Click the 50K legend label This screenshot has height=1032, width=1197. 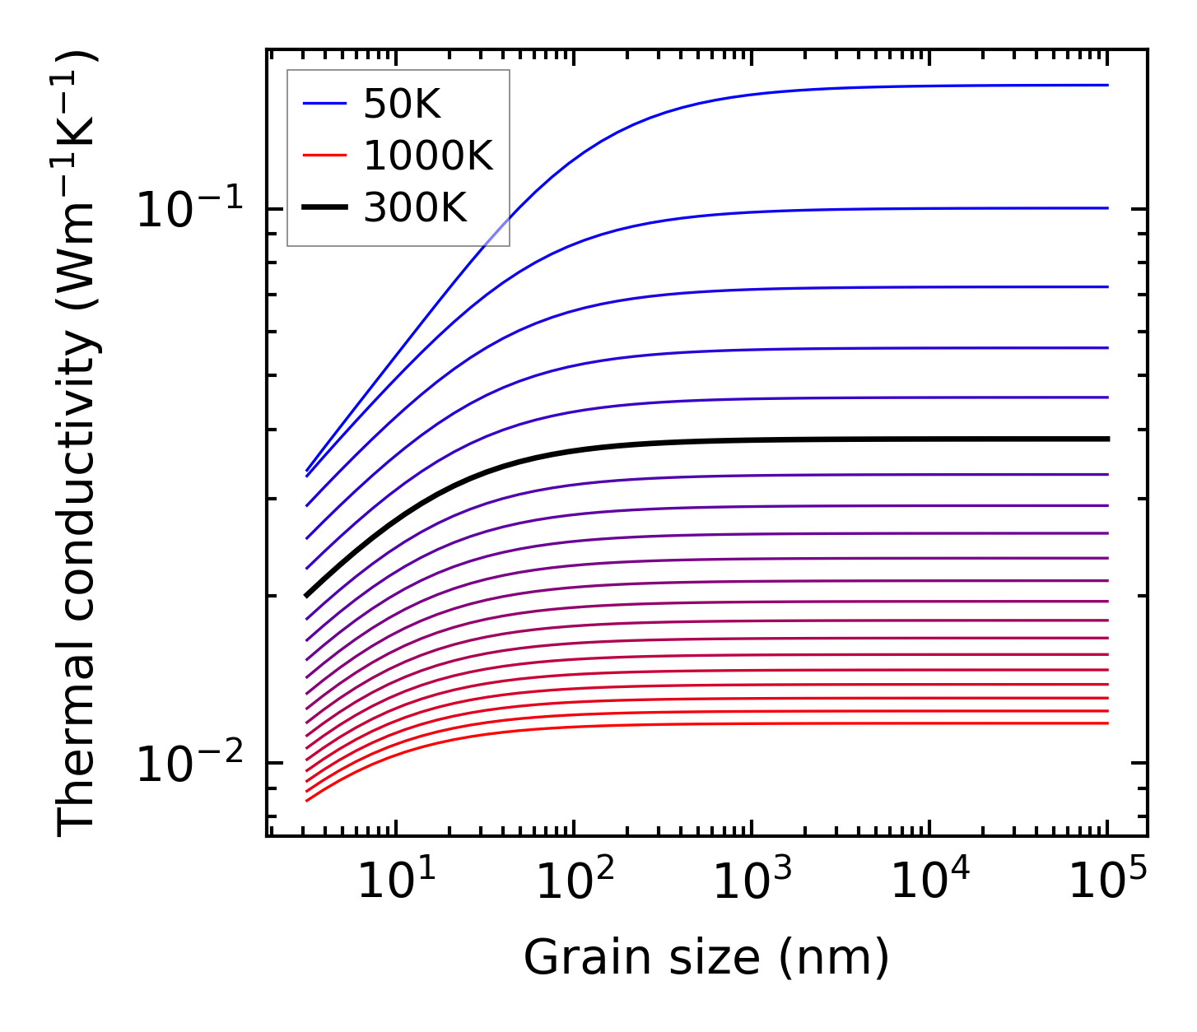[402, 104]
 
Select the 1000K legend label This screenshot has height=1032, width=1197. [427, 156]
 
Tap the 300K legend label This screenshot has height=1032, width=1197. [415, 209]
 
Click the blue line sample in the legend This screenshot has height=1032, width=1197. [324, 104]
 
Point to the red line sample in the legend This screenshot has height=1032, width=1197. [324, 156]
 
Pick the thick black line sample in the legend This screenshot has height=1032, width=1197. [324, 209]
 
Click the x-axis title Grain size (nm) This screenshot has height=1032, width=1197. [706, 958]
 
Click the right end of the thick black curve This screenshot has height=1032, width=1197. [1108, 439]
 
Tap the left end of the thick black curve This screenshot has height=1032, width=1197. [306, 595]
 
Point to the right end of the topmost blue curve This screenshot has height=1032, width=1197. [1108, 85]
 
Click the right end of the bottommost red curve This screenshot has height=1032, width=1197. [1108, 723]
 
